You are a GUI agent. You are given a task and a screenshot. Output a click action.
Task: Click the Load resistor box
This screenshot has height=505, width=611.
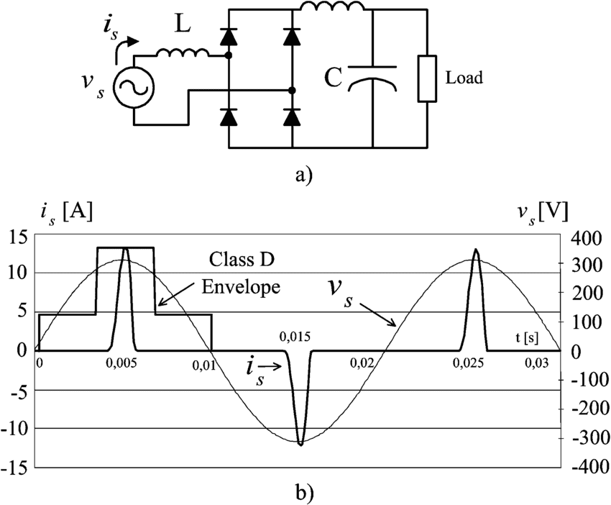pos(427,77)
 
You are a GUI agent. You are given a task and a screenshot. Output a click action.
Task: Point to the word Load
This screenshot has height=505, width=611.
pos(464,78)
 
